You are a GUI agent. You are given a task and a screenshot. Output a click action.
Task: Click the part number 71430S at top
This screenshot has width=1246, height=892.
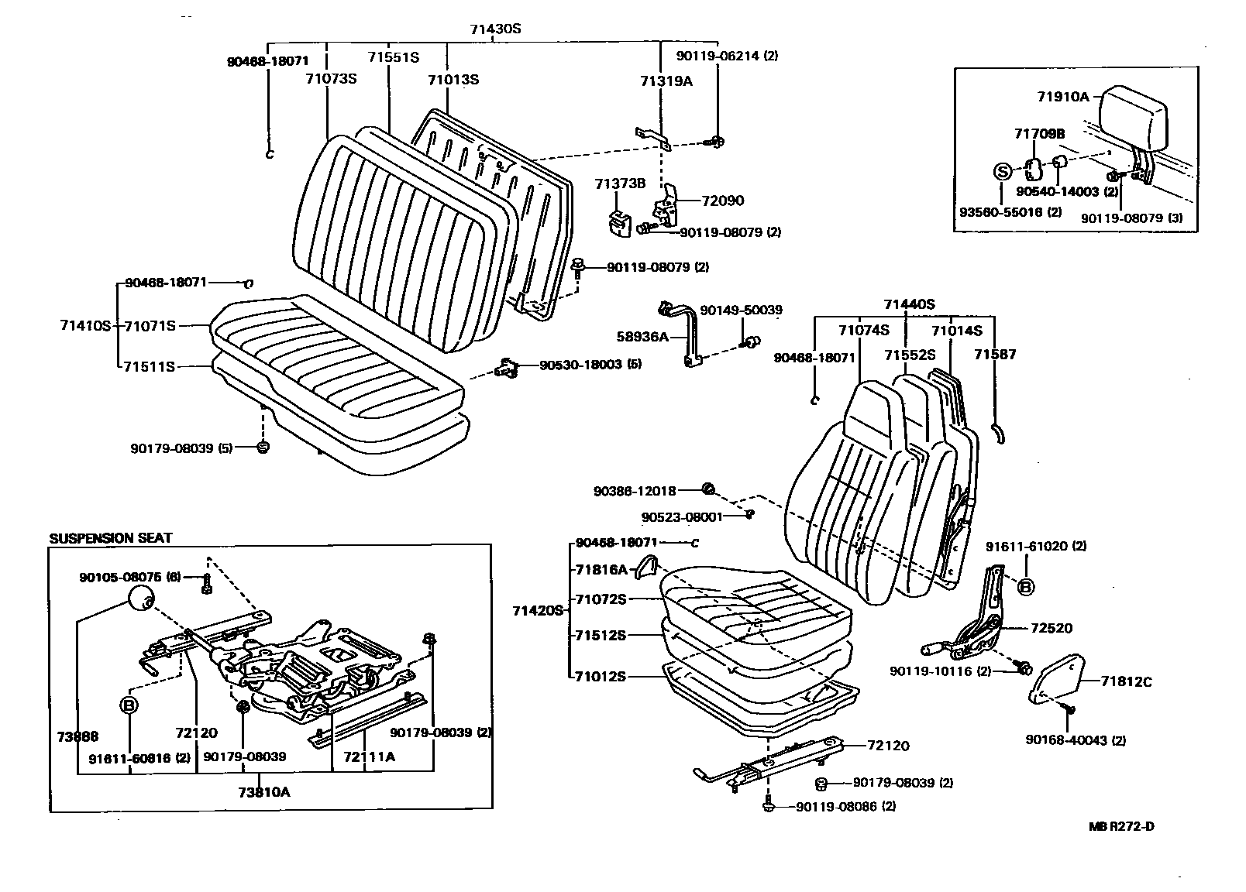[495, 29]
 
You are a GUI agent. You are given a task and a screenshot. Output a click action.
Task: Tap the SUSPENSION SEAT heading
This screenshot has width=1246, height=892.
[111, 538]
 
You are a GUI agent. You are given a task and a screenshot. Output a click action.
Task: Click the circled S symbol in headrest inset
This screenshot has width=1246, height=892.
[1002, 172]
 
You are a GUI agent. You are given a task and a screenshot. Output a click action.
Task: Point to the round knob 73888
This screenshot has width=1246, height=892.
[139, 598]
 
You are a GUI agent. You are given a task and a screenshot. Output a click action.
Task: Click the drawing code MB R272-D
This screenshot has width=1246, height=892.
[1121, 826]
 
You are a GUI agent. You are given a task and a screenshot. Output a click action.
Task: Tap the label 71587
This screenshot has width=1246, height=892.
[995, 355]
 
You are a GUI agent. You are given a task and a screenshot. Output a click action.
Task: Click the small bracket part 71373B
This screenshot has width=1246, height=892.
[619, 221]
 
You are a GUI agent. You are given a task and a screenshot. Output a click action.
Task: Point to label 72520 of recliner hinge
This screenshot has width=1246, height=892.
[1051, 628]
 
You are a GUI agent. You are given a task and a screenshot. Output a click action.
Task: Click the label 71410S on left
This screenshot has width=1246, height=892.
[85, 326]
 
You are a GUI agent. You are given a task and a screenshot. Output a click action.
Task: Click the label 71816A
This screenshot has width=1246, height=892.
[601, 569]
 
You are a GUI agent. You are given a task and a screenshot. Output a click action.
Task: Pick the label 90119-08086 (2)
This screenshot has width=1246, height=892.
[845, 806]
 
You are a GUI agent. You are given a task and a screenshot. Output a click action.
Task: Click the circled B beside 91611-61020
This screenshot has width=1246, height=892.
[1024, 588]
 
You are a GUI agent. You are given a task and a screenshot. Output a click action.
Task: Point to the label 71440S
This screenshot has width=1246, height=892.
[909, 304]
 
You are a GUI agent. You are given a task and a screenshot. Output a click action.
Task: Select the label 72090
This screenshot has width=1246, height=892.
[722, 201]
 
